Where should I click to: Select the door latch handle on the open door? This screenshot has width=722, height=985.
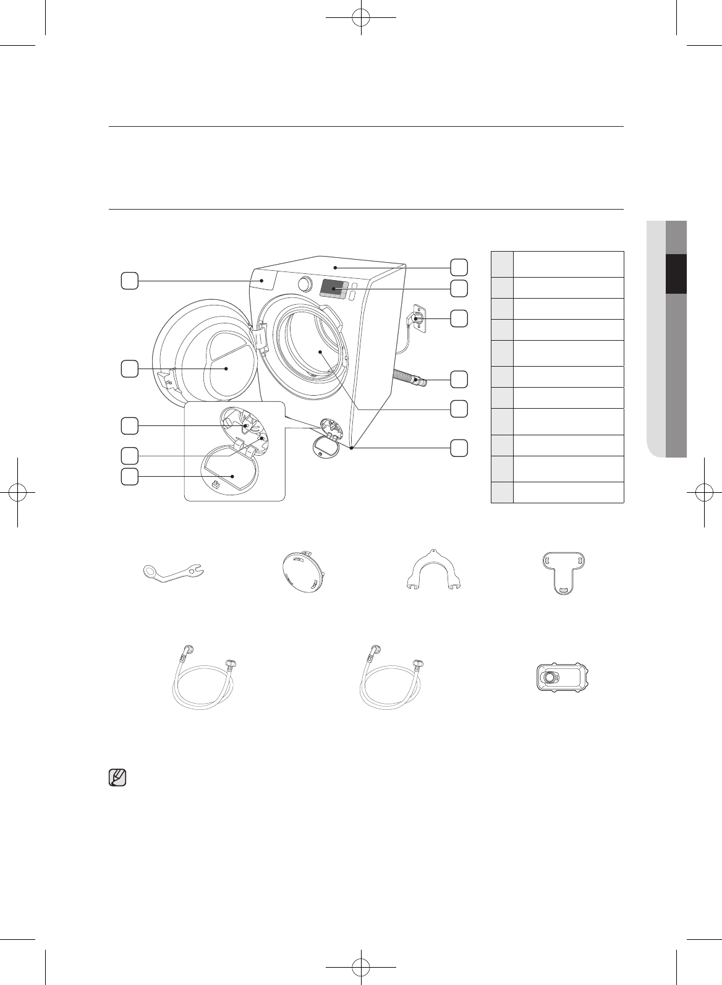point(165,378)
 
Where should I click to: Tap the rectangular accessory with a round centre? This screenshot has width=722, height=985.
point(559,678)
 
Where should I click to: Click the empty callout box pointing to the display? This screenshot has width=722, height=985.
point(459,288)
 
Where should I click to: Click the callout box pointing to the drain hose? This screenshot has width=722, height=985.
point(459,378)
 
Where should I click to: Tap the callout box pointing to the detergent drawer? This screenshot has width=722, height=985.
point(129,281)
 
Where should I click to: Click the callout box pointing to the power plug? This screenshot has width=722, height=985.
point(459,318)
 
